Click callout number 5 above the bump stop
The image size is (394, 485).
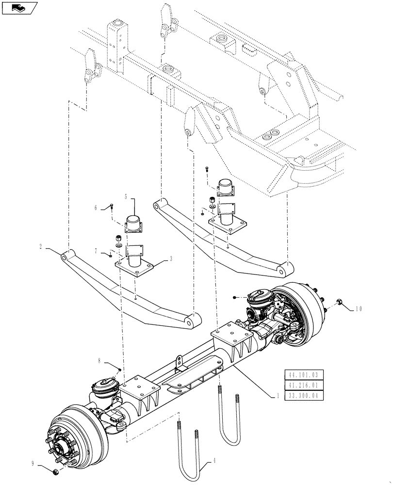click(125, 197)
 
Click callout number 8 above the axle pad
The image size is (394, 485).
click(99, 361)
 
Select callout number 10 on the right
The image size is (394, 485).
click(359, 308)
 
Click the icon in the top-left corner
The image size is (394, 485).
click(19, 8)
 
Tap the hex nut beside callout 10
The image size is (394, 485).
click(340, 304)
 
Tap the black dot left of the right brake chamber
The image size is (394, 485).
click(234, 297)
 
